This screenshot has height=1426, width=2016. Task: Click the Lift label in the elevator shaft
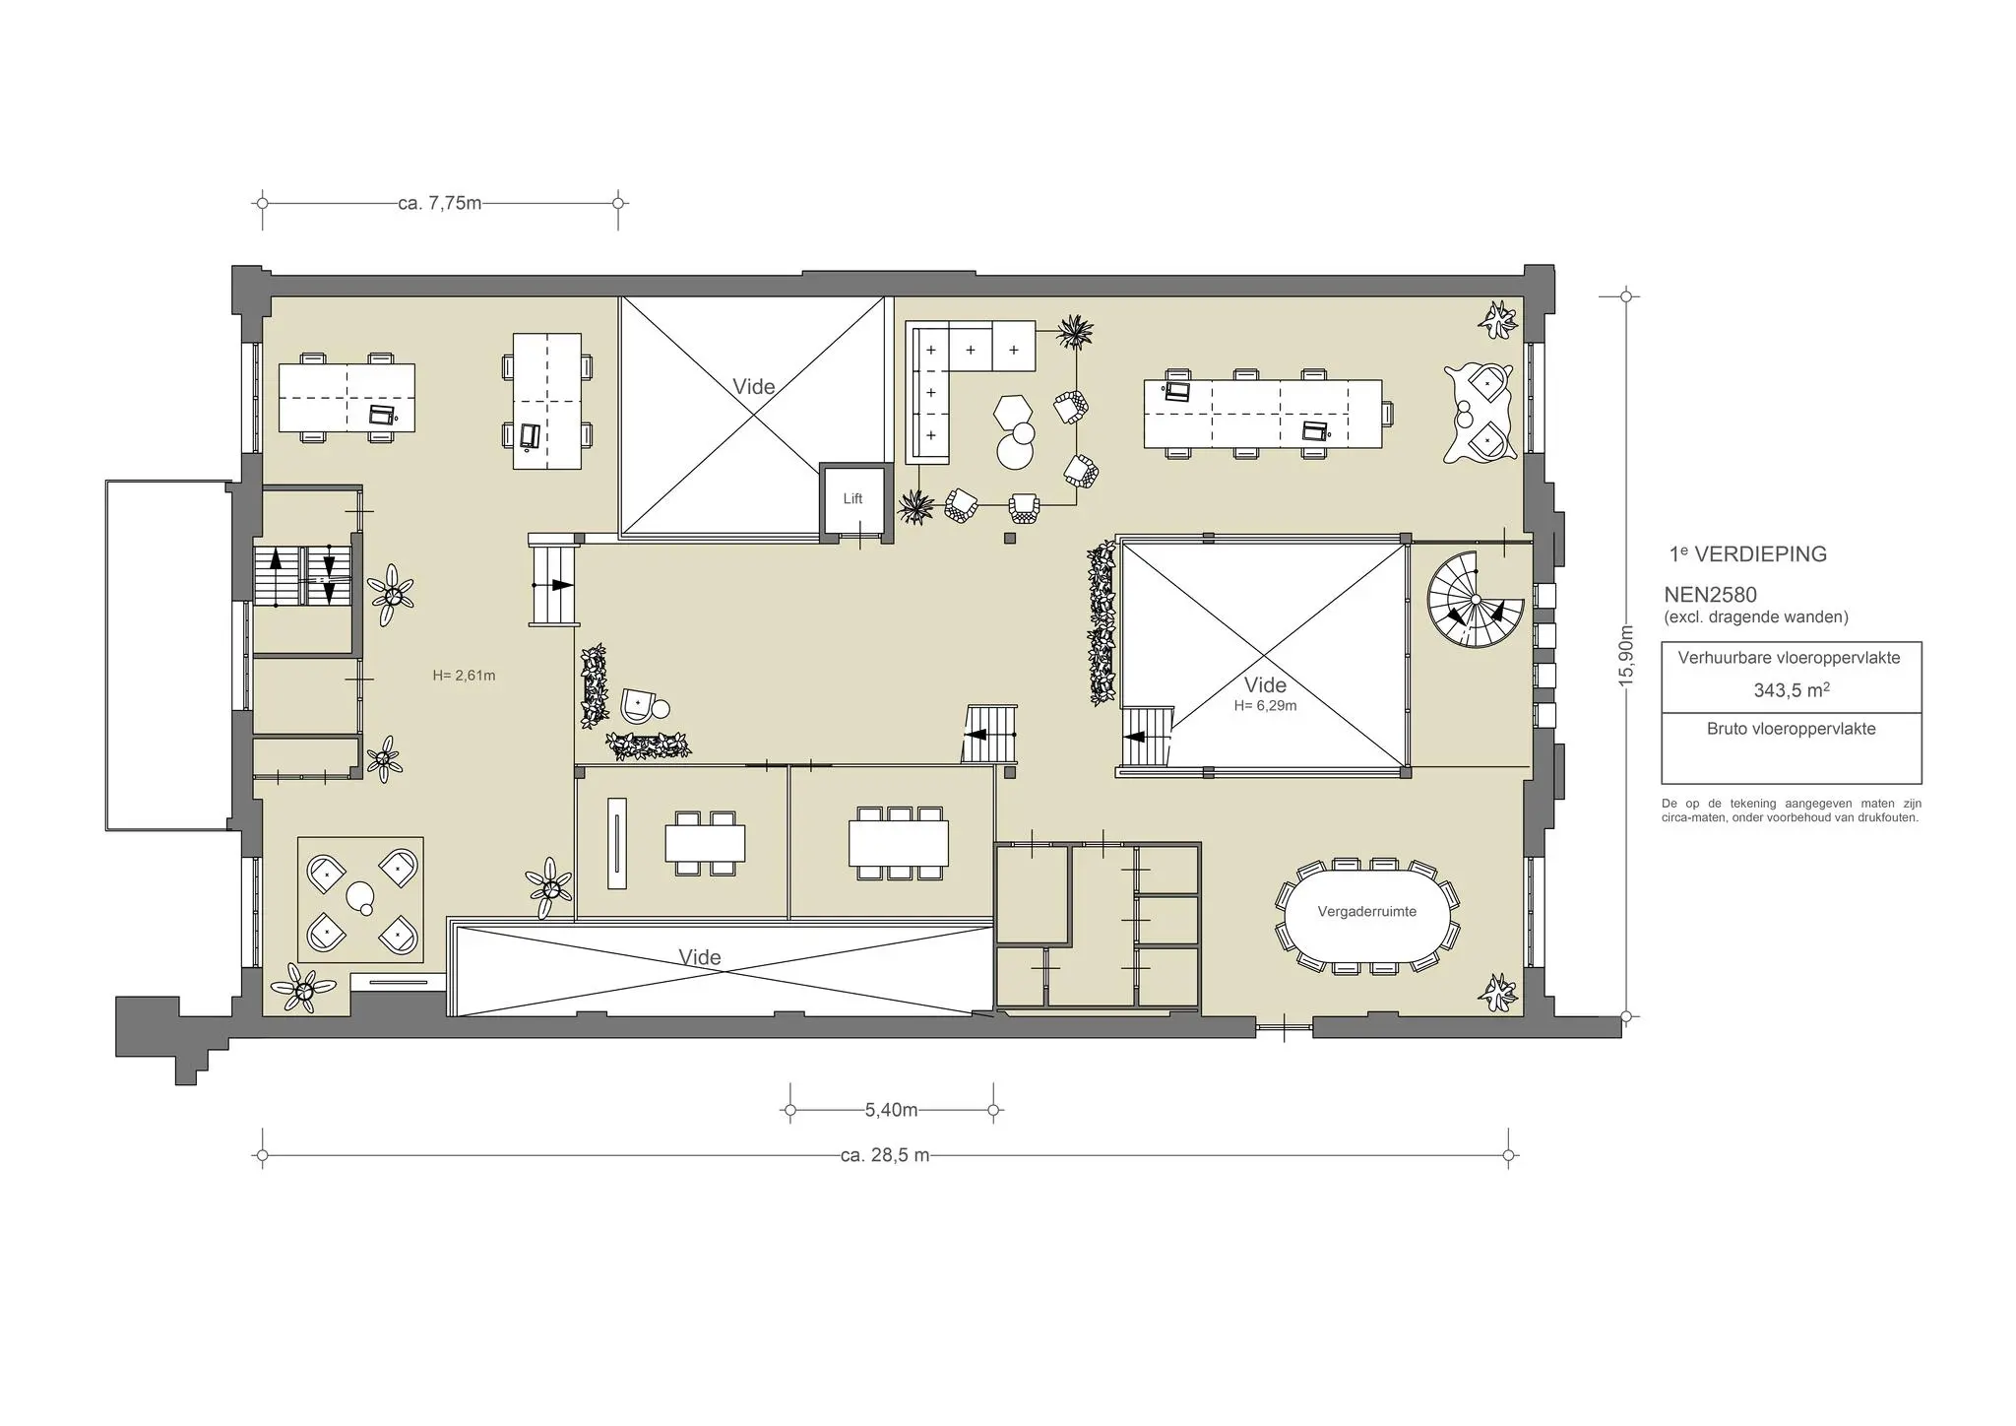pos(852,498)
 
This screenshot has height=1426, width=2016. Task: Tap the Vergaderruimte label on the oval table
pos(1366,912)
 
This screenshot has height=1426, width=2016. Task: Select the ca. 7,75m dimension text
pos(440,204)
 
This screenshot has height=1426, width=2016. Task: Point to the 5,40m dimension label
pos(891,1110)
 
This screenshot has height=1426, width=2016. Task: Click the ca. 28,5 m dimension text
pos(885,1155)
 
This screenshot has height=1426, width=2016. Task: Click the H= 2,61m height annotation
pos(464,676)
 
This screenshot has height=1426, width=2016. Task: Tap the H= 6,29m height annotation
pos(1265,705)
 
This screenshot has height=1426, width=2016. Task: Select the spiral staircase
pos(1468,600)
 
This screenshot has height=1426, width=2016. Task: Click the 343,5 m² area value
pos(1791,689)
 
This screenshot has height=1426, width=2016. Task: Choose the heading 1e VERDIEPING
pos(1747,553)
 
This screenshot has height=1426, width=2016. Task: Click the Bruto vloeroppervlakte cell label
pos(1791,729)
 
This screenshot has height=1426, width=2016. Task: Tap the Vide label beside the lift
pos(754,386)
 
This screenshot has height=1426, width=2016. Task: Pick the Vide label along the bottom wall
pos(700,957)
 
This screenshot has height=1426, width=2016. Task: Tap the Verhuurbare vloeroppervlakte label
pos(1791,658)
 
